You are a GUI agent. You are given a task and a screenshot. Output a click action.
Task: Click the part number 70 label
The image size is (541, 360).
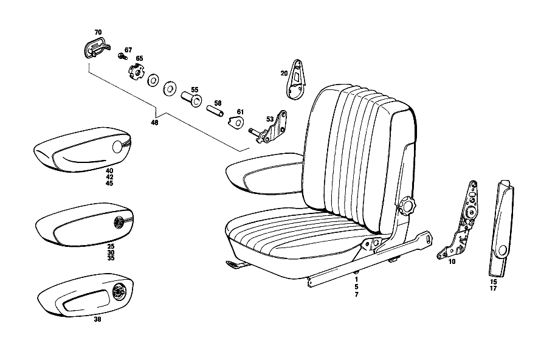pos(98,32)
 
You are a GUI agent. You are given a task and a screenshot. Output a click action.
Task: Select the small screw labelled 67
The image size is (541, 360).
pos(122,57)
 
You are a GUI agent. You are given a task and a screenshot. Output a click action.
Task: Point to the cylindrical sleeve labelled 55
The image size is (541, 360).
pos(191,99)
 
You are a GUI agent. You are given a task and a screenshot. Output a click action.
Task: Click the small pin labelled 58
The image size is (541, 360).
pos(215,111)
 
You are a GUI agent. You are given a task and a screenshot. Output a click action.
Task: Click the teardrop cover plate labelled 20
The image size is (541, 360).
pos(297,80)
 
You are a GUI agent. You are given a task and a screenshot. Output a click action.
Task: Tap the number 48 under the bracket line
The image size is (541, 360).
pos(154,122)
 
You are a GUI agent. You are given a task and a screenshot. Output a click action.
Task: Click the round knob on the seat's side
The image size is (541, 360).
pos(407,206)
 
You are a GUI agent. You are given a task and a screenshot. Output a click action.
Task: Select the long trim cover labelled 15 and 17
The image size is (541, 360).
pos(501,228)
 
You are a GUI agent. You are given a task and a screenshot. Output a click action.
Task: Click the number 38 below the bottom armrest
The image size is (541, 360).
pos(98,320)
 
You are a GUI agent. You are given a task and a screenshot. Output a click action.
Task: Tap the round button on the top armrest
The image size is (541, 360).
pos(117,147)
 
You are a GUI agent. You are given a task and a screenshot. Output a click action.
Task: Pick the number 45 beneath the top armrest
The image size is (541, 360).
pos(109,183)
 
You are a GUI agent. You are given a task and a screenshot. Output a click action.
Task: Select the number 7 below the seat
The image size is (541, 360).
pos(356,294)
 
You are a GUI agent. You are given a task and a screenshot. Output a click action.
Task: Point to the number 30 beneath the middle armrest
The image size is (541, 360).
pos(111,252)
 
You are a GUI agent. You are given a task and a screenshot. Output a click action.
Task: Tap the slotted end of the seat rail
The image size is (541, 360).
pos(427,238)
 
